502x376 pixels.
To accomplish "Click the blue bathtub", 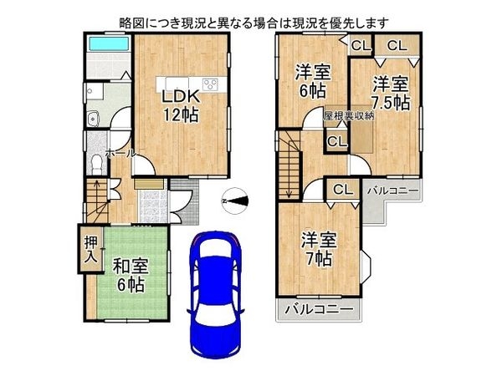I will click(x=107, y=43).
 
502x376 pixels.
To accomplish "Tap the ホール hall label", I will click(x=120, y=155).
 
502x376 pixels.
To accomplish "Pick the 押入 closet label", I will click(x=90, y=249).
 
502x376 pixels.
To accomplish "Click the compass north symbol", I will click(x=237, y=199).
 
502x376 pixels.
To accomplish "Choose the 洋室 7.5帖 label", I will click(x=390, y=94).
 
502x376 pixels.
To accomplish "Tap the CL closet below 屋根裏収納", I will click(x=336, y=142).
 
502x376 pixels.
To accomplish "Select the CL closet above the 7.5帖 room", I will click(x=396, y=46).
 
